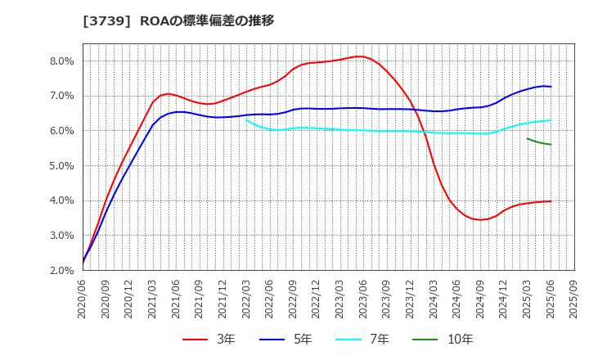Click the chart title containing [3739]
[178, 20]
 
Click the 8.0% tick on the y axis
[62, 61]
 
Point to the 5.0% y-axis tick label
[62, 165]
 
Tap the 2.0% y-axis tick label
[62, 270]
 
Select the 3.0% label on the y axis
[62, 235]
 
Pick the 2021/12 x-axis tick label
[223, 297]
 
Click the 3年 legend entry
[208, 339]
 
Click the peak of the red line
[359, 56]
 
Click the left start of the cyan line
[246, 120]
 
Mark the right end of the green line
[551, 145]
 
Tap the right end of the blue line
[551, 87]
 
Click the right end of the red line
[551, 201]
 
